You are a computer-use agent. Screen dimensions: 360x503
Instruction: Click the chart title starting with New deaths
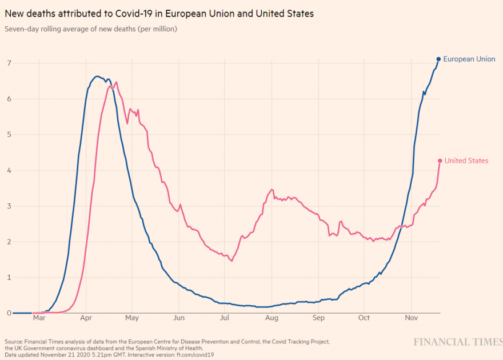point(159,13)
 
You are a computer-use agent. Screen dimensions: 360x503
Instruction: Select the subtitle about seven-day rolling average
point(90,29)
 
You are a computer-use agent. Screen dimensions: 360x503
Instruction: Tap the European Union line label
point(469,59)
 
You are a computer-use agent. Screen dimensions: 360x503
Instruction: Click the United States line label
point(466,161)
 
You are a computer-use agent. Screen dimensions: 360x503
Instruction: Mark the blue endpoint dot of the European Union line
point(438,59)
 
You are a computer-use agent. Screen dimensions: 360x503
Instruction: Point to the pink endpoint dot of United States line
point(440,161)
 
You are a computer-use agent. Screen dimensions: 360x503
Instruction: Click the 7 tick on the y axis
point(9,63)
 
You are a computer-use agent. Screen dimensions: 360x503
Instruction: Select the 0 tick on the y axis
point(9,313)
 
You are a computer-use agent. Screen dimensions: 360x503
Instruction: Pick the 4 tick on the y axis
point(9,170)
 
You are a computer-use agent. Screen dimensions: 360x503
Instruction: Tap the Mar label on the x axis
point(39,318)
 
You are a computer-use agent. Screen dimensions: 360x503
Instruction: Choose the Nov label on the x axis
point(411,318)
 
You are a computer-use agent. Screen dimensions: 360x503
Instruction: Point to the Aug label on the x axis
point(272,318)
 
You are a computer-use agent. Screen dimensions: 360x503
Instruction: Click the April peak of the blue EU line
point(97,76)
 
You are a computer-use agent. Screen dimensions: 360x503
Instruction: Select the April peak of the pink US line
point(116,82)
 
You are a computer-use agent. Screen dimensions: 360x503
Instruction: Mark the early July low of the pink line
point(231,261)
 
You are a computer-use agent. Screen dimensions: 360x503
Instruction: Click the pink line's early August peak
point(272,189)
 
